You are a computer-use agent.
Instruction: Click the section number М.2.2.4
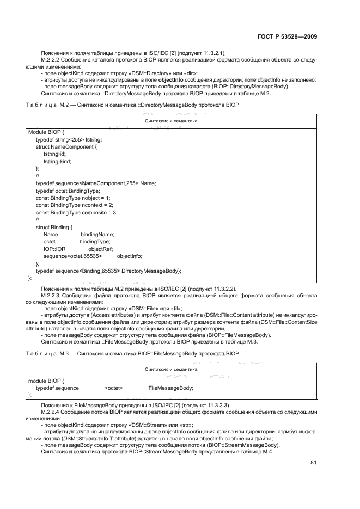coord(52,412)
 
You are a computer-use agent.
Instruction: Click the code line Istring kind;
coord(57,161)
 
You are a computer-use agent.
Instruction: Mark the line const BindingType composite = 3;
coord(77,212)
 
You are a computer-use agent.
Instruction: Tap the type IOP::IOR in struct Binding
coord(54,249)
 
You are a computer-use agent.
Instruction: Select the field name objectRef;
coord(100,249)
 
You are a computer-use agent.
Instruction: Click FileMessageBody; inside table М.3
coord(171,388)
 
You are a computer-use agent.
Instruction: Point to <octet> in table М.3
coord(114,388)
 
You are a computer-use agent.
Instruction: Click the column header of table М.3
coord(171,369)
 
